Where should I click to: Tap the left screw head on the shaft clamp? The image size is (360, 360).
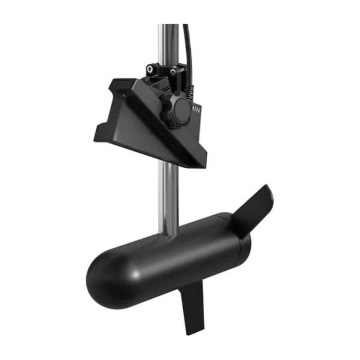click(151, 69)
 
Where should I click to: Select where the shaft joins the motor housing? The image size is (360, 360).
click(170, 231)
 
